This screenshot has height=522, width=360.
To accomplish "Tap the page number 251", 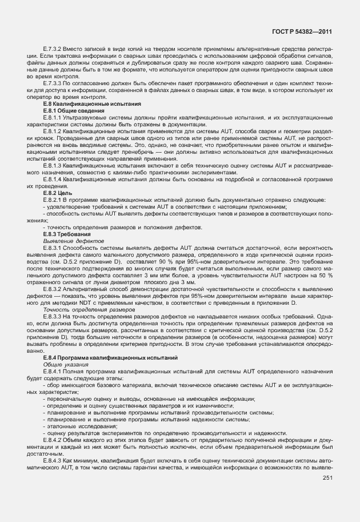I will (327, 477).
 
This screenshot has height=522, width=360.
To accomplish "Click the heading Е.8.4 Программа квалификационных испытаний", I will (105, 357).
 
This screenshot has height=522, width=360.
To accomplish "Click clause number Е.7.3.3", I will (52, 83).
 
